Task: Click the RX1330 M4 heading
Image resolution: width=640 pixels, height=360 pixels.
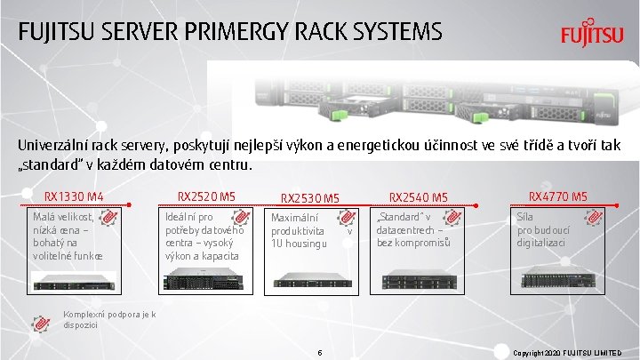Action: tap(75, 196)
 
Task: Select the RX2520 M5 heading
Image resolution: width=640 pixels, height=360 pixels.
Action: tap(206, 196)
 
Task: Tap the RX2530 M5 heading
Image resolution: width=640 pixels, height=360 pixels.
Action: tap(310, 197)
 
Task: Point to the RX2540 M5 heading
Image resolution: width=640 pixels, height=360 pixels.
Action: tap(418, 197)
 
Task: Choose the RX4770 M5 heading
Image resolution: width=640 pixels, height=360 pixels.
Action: tap(558, 196)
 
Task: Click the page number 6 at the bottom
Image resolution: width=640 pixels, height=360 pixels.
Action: tap(319, 353)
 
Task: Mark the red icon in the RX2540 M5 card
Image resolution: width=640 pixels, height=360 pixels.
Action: tap(452, 218)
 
